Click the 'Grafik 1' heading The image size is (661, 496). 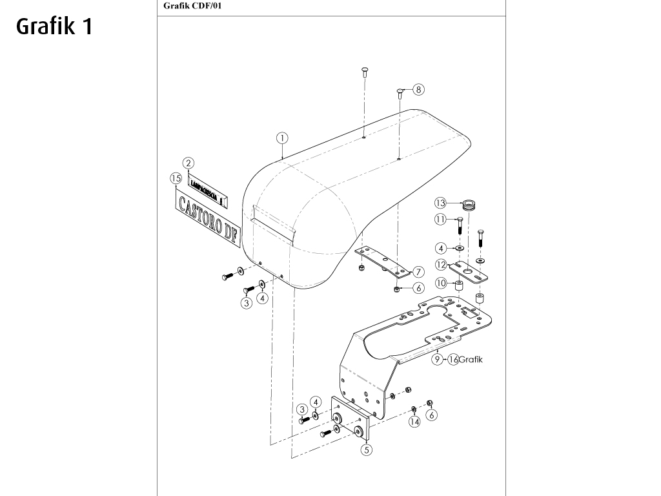[x=55, y=26]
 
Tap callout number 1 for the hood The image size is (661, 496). [x=282, y=138]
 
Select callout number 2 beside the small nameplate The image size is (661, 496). [x=188, y=163]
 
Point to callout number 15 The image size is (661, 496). [x=175, y=178]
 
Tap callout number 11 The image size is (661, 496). [x=440, y=220]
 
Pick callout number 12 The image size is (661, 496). [x=440, y=265]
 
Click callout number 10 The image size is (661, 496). [x=440, y=283]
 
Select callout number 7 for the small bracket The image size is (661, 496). [x=418, y=272]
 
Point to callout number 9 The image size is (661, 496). [x=437, y=359]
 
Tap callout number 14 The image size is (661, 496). [x=414, y=422]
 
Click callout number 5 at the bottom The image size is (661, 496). [x=366, y=450]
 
